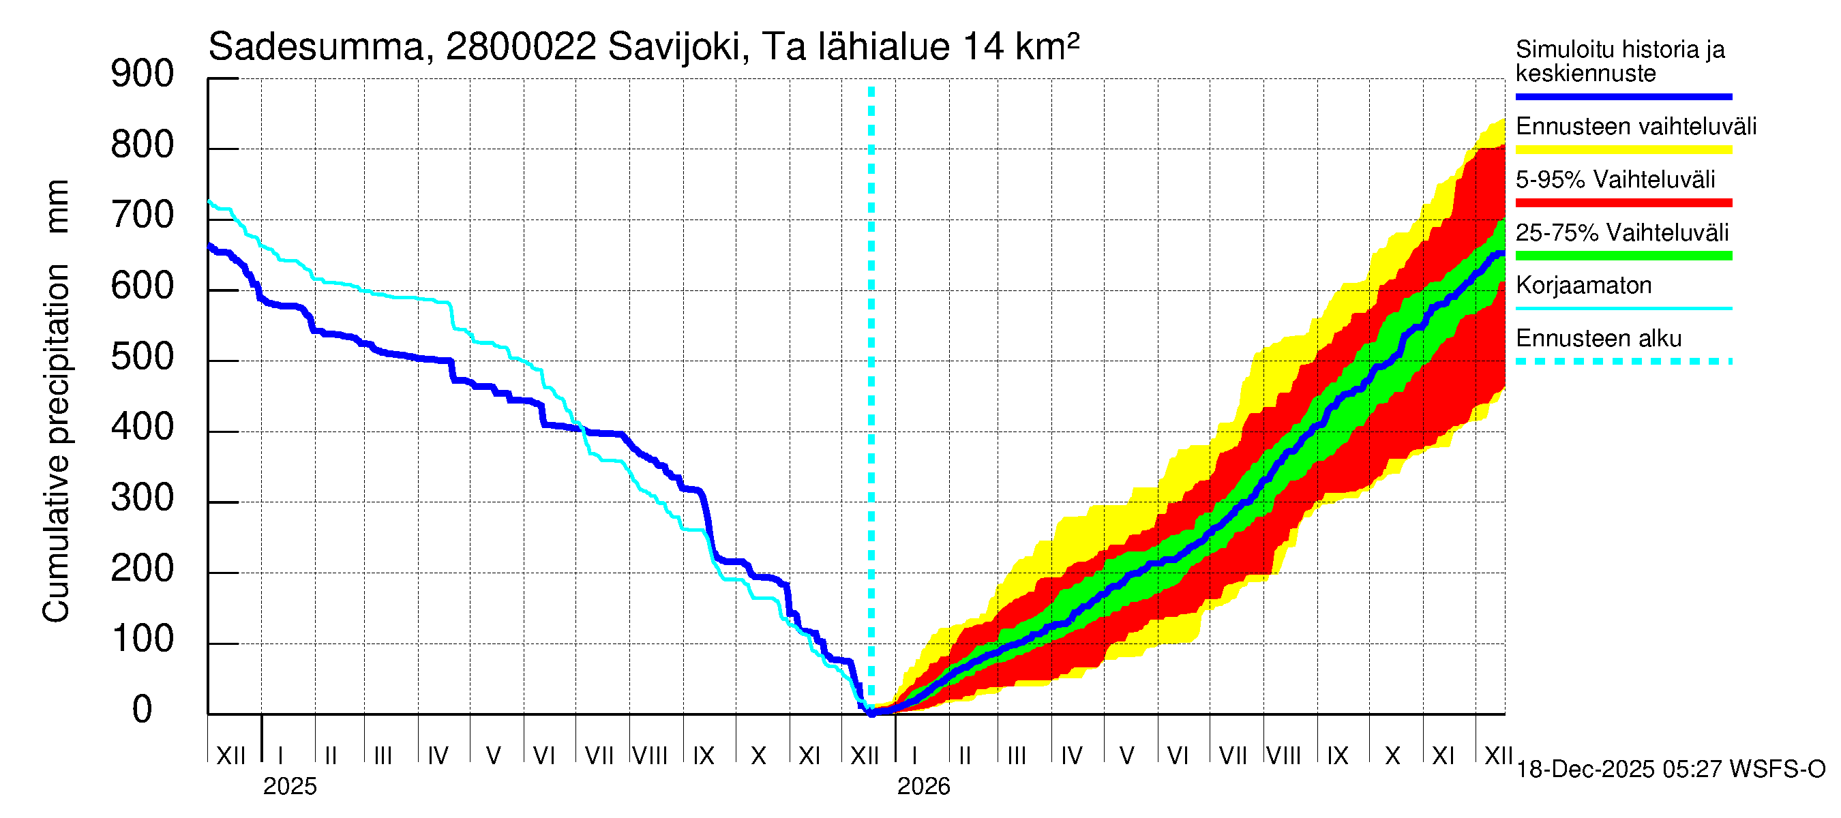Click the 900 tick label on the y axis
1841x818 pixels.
pyautogui.click(x=143, y=74)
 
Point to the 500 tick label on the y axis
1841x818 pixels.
pyautogui.click(x=143, y=357)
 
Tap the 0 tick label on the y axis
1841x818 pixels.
pyautogui.click(x=143, y=710)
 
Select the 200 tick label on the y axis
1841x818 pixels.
pyautogui.click(x=143, y=569)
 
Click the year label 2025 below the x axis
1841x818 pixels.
pyautogui.click(x=289, y=787)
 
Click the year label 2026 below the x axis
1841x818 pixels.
pyautogui.click(x=923, y=787)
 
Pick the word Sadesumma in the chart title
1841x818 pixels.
pyautogui.click(x=316, y=48)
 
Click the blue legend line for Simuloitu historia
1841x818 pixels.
pyautogui.click(x=1623, y=96)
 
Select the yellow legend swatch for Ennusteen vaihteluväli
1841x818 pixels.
pyautogui.click(x=1623, y=150)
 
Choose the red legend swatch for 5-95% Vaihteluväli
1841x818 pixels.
pyautogui.click(x=1623, y=203)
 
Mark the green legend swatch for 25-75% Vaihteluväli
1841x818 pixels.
pyautogui.click(x=1623, y=256)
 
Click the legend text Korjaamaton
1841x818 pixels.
pyautogui.click(x=1583, y=286)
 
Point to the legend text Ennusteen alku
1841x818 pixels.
pyautogui.click(x=1598, y=339)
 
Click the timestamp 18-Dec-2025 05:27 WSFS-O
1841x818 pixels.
pyautogui.click(x=1670, y=770)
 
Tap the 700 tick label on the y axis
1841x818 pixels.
pyautogui.click(x=143, y=216)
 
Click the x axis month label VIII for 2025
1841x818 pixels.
pyautogui.click(x=650, y=756)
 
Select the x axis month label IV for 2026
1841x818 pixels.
pyautogui.click(x=1071, y=756)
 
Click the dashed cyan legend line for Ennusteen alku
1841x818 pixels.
pyautogui.click(x=1623, y=361)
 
